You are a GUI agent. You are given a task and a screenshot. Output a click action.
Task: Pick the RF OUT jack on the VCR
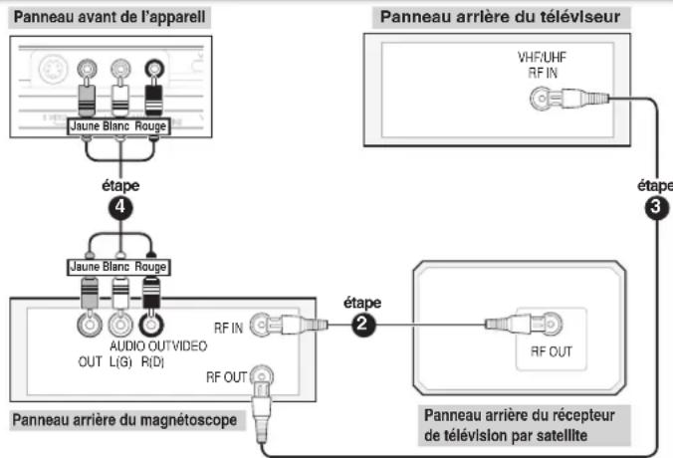[x=262, y=376]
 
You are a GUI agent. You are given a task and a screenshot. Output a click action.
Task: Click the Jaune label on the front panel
[x=84, y=127]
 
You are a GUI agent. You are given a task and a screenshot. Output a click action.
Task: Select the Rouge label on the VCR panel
[x=151, y=266]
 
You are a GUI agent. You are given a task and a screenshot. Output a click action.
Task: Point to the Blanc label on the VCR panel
[x=118, y=266]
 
